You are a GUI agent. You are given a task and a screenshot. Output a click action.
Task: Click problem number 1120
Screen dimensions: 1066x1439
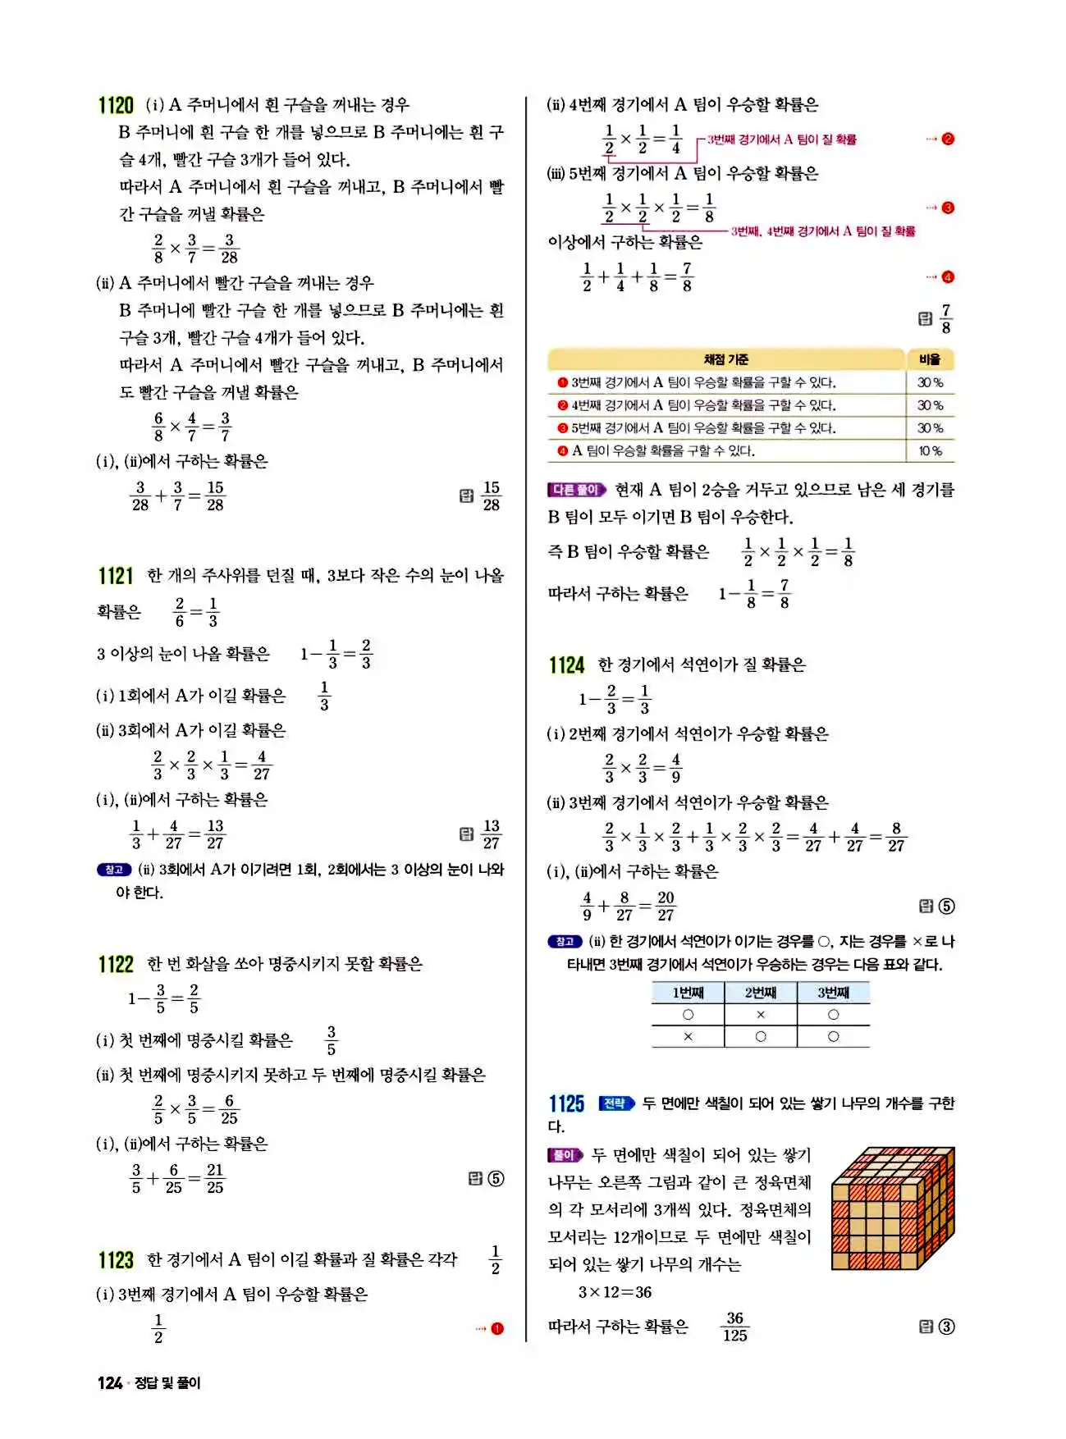[x=116, y=106]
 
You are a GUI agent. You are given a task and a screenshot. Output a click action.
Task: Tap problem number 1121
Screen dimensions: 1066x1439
[x=116, y=576]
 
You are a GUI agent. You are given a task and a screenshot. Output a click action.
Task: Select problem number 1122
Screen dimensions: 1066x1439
[x=116, y=964]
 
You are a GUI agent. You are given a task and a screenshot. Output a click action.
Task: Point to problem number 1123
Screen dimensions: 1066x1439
[x=116, y=1260]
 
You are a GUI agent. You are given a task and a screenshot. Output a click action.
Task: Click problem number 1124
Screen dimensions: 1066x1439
[x=567, y=665]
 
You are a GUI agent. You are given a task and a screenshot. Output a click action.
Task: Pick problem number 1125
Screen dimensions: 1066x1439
[x=567, y=1103]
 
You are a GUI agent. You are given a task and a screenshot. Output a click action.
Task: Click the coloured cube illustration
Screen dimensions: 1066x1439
[x=893, y=1208]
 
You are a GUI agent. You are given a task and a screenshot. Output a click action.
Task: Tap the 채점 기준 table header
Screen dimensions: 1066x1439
[x=725, y=359]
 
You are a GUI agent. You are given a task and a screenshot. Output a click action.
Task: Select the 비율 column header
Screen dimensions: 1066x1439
[x=930, y=359]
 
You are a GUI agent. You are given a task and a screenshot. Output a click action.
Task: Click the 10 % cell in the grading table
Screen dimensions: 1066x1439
[x=930, y=451]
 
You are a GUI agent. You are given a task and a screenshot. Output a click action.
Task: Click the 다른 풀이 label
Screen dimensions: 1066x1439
[x=576, y=490]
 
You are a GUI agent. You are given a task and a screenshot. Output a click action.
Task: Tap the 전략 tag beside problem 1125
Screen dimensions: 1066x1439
[x=617, y=1103]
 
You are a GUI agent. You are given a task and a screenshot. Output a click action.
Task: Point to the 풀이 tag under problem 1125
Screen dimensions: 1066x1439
[x=565, y=1155]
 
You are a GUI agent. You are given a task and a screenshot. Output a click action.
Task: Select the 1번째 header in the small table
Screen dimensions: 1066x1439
[x=688, y=993]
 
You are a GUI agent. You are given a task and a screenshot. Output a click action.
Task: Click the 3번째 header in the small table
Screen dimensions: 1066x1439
[x=833, y=993]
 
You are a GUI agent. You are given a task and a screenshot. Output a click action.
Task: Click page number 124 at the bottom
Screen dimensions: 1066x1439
[x=110, y=1382]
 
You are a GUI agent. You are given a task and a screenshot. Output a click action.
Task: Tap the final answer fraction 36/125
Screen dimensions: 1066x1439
[x=734, y=1327]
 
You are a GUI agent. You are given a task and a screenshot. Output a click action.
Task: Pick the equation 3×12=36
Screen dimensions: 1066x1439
[x=615, y=1292]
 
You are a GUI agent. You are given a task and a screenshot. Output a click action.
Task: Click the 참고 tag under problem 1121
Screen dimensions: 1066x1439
[x=114, y=870]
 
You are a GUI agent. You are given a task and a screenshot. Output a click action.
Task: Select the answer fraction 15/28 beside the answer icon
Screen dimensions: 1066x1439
[x=491, y=496]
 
